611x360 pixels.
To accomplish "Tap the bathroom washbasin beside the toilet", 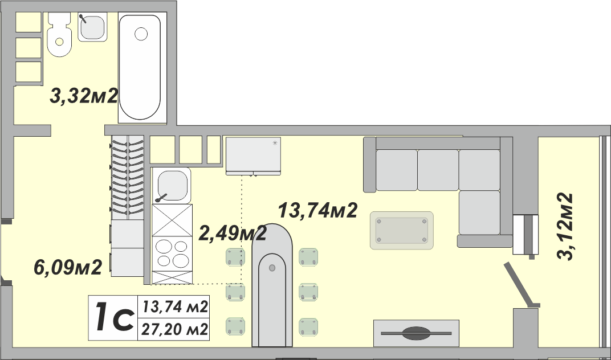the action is (x=92, y=27).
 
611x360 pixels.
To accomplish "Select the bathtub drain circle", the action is (x=141, y=34).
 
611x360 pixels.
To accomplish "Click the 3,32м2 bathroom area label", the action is (x=84, y=96).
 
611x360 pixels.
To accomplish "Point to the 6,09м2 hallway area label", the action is (x=68, y=267).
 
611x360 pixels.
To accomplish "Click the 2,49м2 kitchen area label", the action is (x=233, y=233).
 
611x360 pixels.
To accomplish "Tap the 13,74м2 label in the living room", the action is (x=317, y=210).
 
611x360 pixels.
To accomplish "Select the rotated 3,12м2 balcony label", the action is (x=565, y=226).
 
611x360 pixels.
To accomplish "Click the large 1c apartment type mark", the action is (x=113, y=318).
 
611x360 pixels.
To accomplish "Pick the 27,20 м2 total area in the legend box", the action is (x=174, y=330).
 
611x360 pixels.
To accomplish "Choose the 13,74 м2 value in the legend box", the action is (x=174, y=307).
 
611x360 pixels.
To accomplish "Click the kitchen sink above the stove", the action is (x=172, y=186).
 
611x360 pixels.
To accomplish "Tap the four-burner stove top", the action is (x=172, y=253).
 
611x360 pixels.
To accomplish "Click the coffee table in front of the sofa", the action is (x=401, y=230).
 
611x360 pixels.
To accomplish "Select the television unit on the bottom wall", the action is (x=416, y=333).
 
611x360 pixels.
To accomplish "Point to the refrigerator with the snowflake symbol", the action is (x=253, y=156).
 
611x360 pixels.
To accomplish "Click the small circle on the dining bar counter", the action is (x=272, y=268).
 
